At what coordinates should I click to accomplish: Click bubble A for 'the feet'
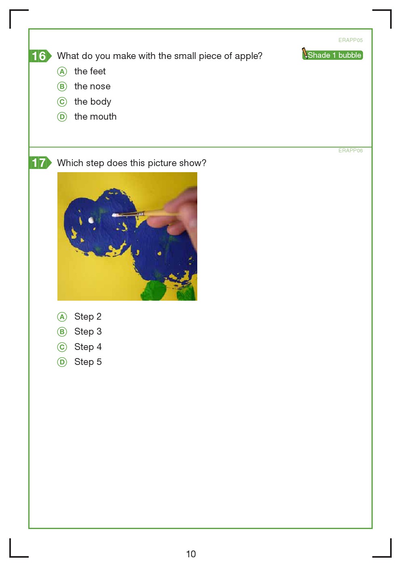click(62, 72)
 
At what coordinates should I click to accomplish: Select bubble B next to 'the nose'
click(62, 86)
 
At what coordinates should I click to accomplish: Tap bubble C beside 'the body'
click(62, 102)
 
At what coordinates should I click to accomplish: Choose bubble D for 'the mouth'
click(62, 117)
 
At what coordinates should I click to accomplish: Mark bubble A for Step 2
click(62, 317)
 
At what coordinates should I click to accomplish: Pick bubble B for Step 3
click(62, 332)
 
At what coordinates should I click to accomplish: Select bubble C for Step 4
click(62, 347)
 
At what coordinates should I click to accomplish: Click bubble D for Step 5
click(62, 362)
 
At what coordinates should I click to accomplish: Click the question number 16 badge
click(40, 56)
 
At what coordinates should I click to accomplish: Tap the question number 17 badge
click(40, 163)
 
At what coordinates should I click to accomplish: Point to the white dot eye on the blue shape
click(91, 220)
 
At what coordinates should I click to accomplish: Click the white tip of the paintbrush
click(115, 215)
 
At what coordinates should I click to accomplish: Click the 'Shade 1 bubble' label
click(334, 55)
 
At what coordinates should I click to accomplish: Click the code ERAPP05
click(350, 40)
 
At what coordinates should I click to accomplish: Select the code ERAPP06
click(350, 150)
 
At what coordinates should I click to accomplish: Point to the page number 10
click(191, 554)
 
